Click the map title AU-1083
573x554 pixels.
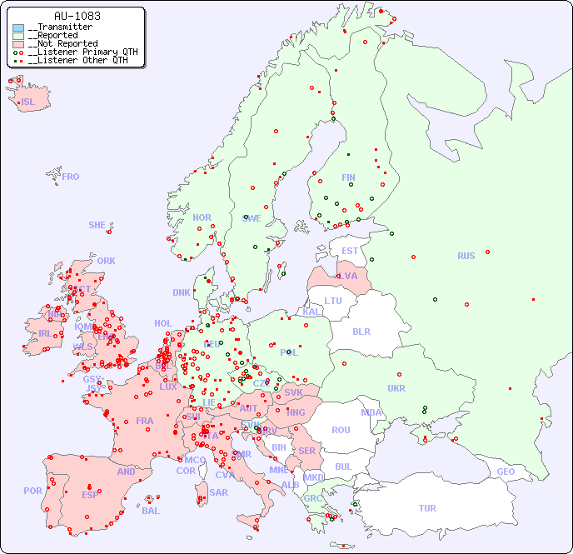tap(77, 16)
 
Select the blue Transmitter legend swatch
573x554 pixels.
tap(18, 27)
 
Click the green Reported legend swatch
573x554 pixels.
tap(18, 36)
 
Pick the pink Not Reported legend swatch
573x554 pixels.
tap(18, 44)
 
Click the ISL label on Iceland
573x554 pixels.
tap(27, 102)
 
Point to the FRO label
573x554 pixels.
tap(71, 177)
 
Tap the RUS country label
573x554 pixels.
tap(466, 256)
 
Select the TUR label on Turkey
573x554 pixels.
tap(427, 508)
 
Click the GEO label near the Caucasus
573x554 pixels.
tap(506, 472)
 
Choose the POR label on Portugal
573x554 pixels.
tap(32, 491)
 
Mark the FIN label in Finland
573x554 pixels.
tap(348, 177)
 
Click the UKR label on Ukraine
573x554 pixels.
tap(396, 388)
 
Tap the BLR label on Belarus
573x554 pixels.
tap(361, 331)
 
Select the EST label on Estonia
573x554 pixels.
tap(350, 251)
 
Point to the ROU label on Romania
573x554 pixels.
tap(341, 430)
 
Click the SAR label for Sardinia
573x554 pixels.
tap(218, 492)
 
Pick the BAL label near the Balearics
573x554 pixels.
tap(150, 511)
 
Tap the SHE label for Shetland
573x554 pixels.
tap(97, 225)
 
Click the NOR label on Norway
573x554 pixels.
tap(202, 217)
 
